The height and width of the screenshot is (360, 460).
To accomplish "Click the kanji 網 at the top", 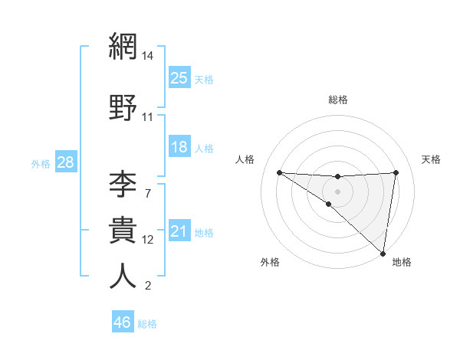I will (x=123, y=47).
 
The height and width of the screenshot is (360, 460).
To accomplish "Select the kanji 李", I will (x=123, y=184).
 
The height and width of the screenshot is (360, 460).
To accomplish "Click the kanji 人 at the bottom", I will (x=123, y=277).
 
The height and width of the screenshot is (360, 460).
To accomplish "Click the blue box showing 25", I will (x=179, y=78).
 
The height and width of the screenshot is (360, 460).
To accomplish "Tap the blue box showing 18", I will (x=179, y=147).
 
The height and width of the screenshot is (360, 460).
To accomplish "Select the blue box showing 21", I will (x=179, y=231).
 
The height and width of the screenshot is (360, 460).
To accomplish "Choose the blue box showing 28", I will (x=65, y=162).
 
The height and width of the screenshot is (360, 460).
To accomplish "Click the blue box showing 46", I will (x=123, y=322).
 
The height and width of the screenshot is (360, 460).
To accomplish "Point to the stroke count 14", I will (x=148, y=56).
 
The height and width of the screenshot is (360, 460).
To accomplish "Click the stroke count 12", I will (x=148, y=240).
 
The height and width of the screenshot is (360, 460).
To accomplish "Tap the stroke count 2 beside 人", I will (x=148, y=286).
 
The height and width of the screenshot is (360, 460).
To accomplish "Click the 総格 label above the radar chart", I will (x=337, y=100).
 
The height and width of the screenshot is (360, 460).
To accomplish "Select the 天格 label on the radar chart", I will (x=431, y=159).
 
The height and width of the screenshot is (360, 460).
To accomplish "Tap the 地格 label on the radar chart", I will (x=402, y=262).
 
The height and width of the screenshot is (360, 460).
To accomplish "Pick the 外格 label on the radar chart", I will (x=270, y=262).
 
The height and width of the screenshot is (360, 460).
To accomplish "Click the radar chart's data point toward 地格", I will (x=383, y=254).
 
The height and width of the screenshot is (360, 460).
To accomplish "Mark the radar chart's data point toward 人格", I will (x=279, y=172).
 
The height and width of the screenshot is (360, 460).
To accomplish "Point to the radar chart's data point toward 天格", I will (x=396, y=172).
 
